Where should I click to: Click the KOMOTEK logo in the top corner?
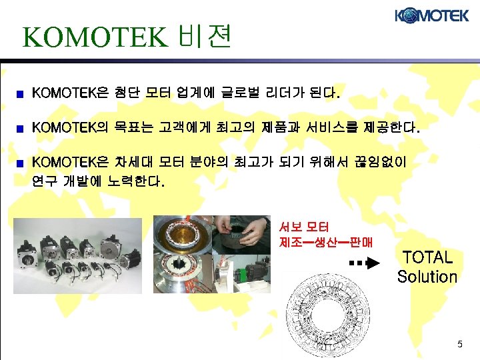point(432,15)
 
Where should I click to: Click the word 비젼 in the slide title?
point(206,37)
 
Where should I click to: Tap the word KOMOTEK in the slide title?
point(93,38)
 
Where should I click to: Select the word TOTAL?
point(427,257)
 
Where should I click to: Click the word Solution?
point(427,276)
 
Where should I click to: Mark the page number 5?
point(459,344)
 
